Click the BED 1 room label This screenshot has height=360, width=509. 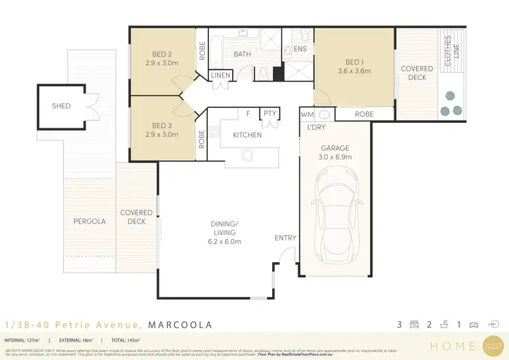[353, 61]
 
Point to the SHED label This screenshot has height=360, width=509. [61, 107]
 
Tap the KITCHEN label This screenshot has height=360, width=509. [247, 135]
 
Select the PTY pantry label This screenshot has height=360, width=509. [270, 113]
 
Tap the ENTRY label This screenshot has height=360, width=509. [285, 238]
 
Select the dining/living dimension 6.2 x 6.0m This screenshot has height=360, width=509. [225, 241]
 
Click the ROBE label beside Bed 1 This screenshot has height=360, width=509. [364, 115]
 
